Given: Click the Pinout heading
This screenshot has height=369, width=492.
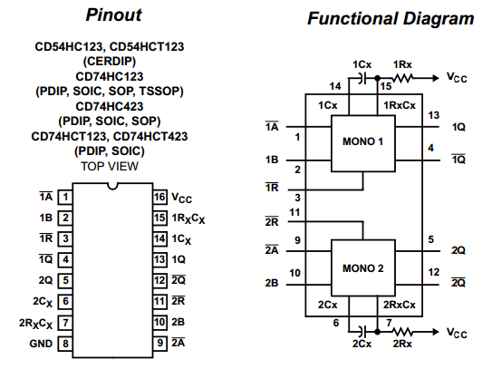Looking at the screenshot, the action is coord(113,15).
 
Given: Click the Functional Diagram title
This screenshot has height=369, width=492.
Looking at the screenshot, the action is coord(391,18).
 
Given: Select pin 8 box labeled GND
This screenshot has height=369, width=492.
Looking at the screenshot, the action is coord(65,344).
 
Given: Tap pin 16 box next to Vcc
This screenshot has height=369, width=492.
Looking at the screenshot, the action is coord(159,198).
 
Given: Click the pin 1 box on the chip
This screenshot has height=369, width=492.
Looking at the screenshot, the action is coord(65,198).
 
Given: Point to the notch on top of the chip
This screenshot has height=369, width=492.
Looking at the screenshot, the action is coord(112,187).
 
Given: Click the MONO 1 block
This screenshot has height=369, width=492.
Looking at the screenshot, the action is coord(363,143).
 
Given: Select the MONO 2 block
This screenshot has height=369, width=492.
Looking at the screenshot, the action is coord(363,267).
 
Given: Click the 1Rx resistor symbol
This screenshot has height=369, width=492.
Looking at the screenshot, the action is coord(402,78).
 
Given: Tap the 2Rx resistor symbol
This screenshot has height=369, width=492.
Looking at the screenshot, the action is coord(402,332).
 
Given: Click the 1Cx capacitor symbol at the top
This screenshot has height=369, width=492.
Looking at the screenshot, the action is coord(362,78).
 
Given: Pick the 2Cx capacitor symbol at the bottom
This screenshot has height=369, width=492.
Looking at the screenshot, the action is coord(362,331).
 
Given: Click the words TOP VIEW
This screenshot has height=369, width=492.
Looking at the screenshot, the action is coord(110,166).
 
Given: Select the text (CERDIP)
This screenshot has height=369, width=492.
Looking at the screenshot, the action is coord(110,62).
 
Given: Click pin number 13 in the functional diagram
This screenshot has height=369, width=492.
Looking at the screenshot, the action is coord(434,115).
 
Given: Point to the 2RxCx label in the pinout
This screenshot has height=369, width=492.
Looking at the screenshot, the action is coord(35,323).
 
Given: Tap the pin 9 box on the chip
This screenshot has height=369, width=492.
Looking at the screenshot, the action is coord(159,344).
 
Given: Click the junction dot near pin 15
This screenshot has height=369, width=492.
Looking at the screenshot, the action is coord(378,78).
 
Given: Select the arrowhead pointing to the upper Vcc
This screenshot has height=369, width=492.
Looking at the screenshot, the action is coord(436,78).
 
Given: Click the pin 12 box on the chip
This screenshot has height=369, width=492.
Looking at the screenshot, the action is coord(159,280).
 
